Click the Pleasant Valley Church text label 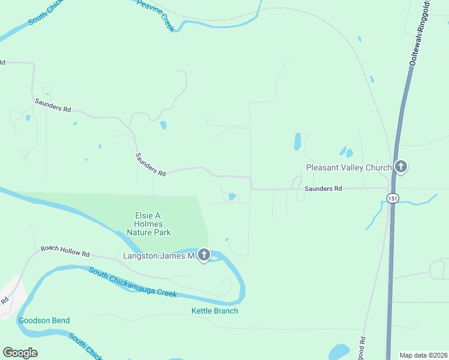349,167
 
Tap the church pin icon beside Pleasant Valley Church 401,167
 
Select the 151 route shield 392,198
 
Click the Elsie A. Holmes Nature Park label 148,224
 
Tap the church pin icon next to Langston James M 204,256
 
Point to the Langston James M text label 158,256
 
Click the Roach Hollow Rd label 65,251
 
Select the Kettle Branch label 214,311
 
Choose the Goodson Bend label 44,320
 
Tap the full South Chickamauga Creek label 133,283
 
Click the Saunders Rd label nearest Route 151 323,188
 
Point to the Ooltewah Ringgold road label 421,33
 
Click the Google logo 20,353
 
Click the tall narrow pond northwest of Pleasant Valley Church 297,141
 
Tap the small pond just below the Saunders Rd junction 232,197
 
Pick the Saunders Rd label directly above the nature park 149,164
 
